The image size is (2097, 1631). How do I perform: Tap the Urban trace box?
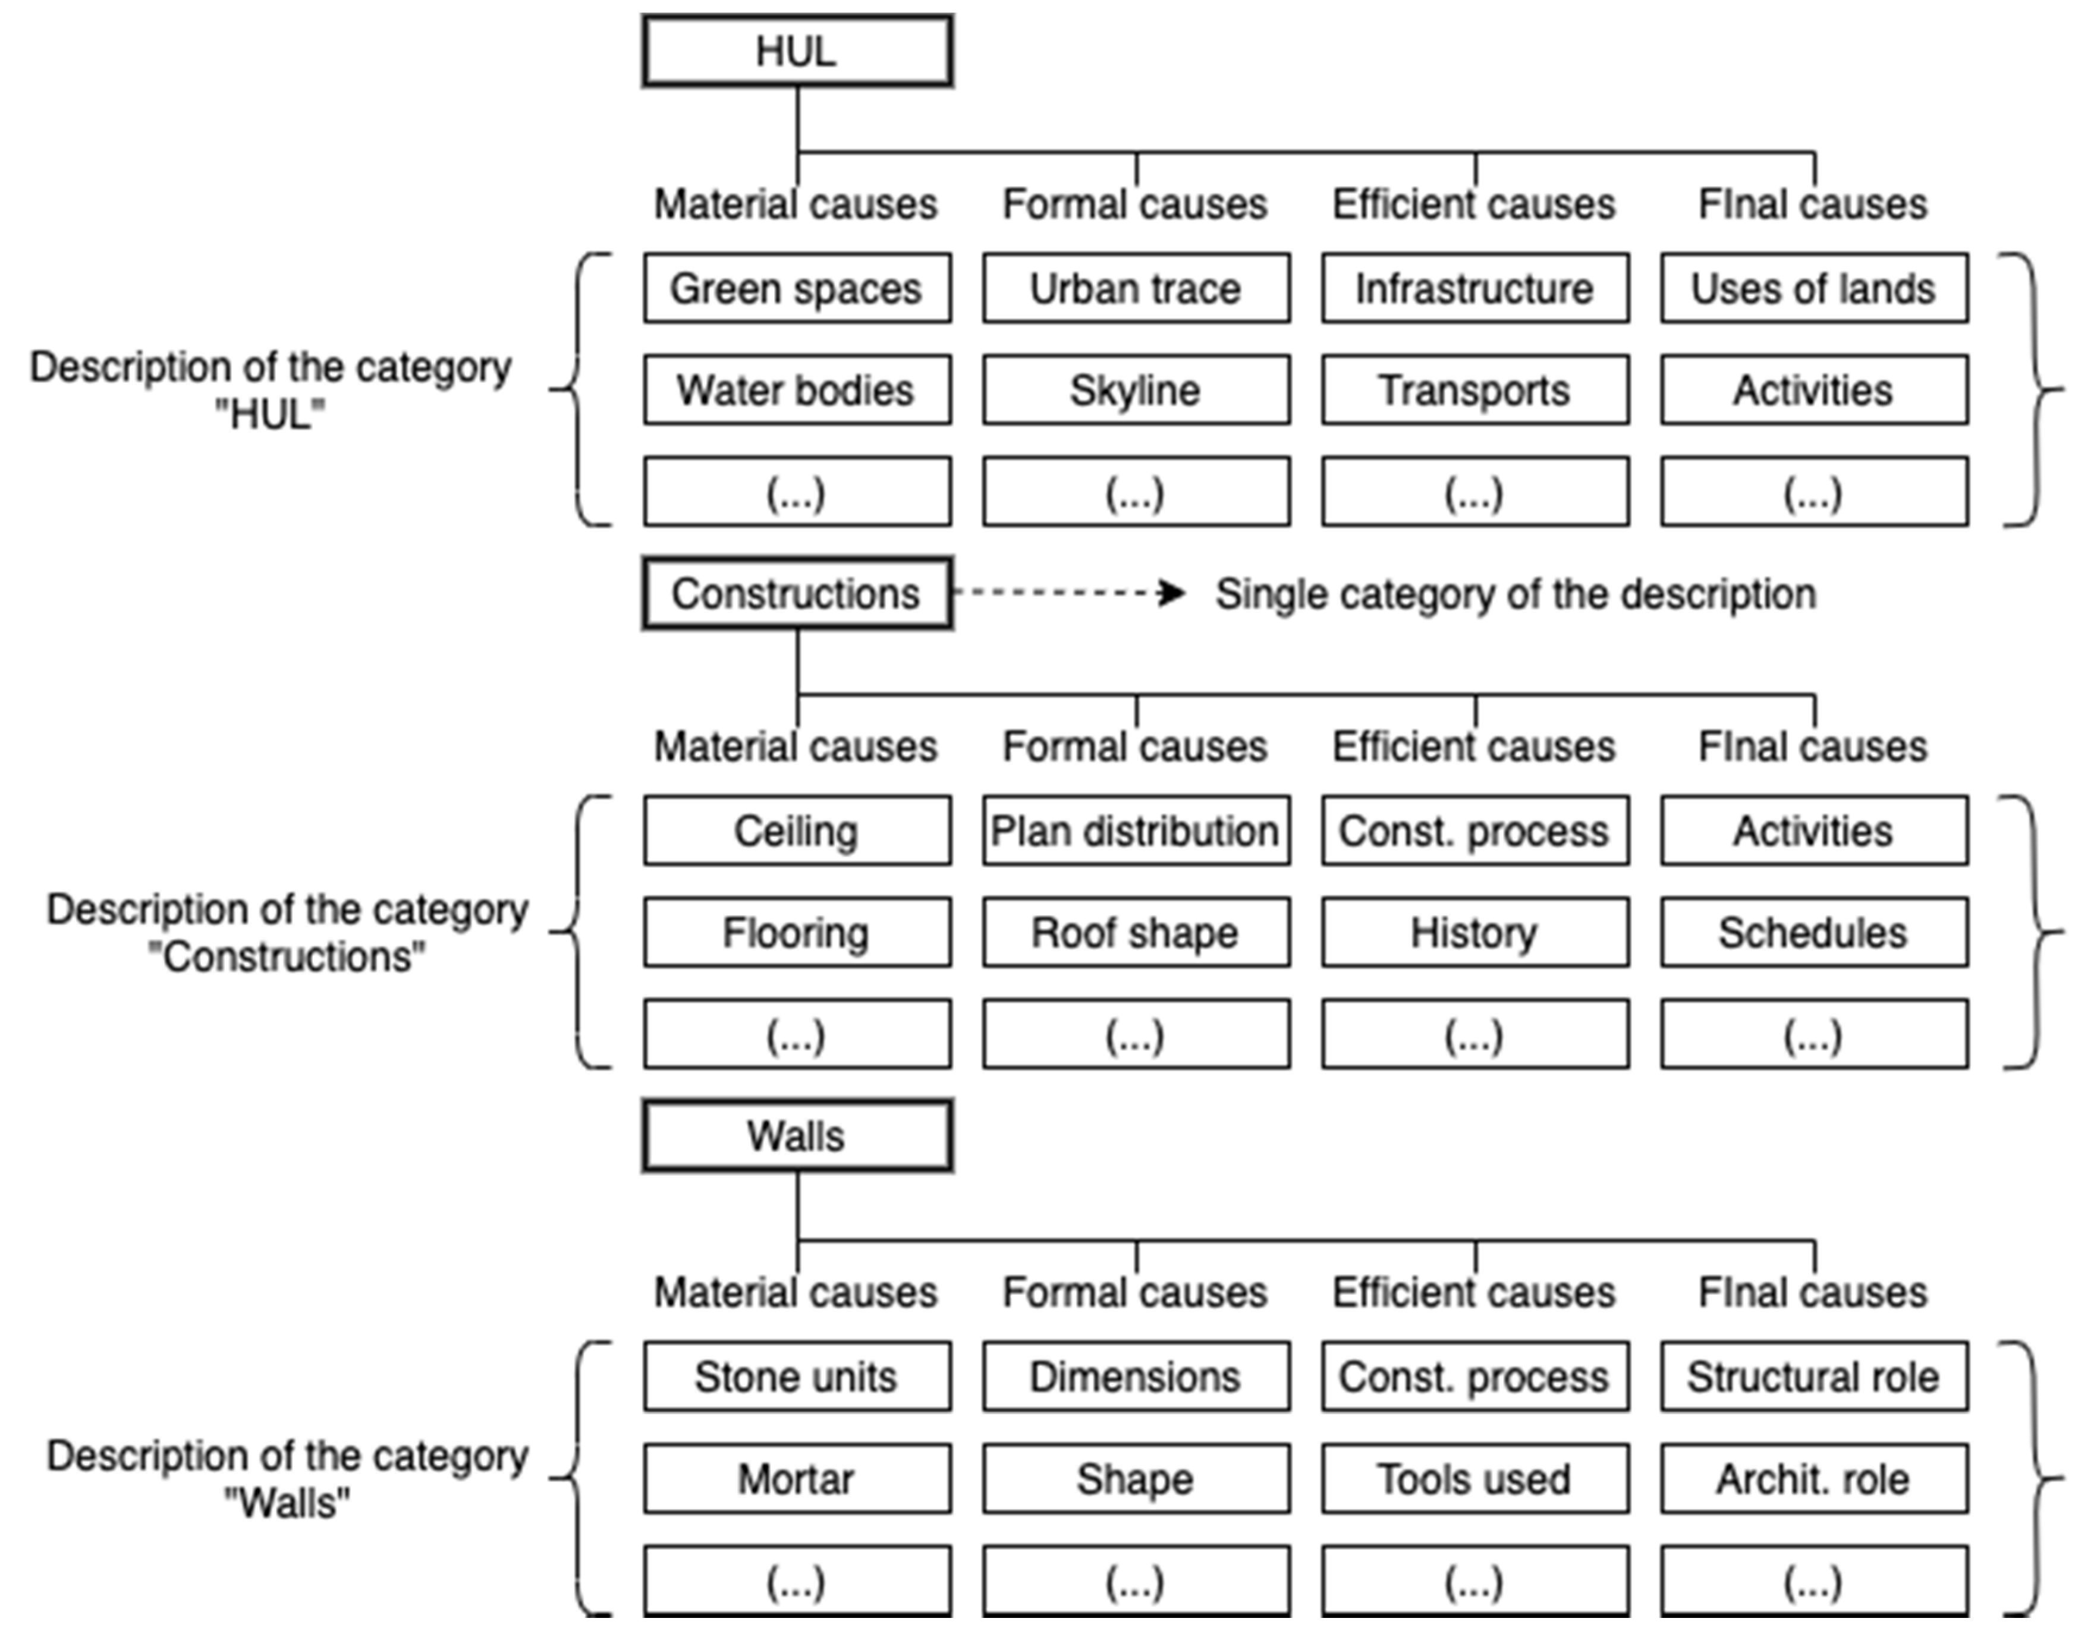[x=1136, y=288]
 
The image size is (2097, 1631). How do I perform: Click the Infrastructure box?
[x=1475, y=288]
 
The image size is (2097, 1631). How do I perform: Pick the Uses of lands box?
[x=1814, y=288]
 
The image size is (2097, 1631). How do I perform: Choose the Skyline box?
[x=1136, y=390]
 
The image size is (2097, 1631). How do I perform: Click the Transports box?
[x=1475, y=390]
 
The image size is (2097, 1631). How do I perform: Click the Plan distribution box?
[x=1136, y=830]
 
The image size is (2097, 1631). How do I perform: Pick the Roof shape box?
[x=1136, y=932]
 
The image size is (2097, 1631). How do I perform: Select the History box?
[x=1475, y=932]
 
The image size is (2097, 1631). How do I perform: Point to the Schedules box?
[x=1814, y=932]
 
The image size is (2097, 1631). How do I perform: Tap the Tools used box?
[x=1475, y=1478]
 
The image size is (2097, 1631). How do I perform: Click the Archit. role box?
[x=1814, y=1478]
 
